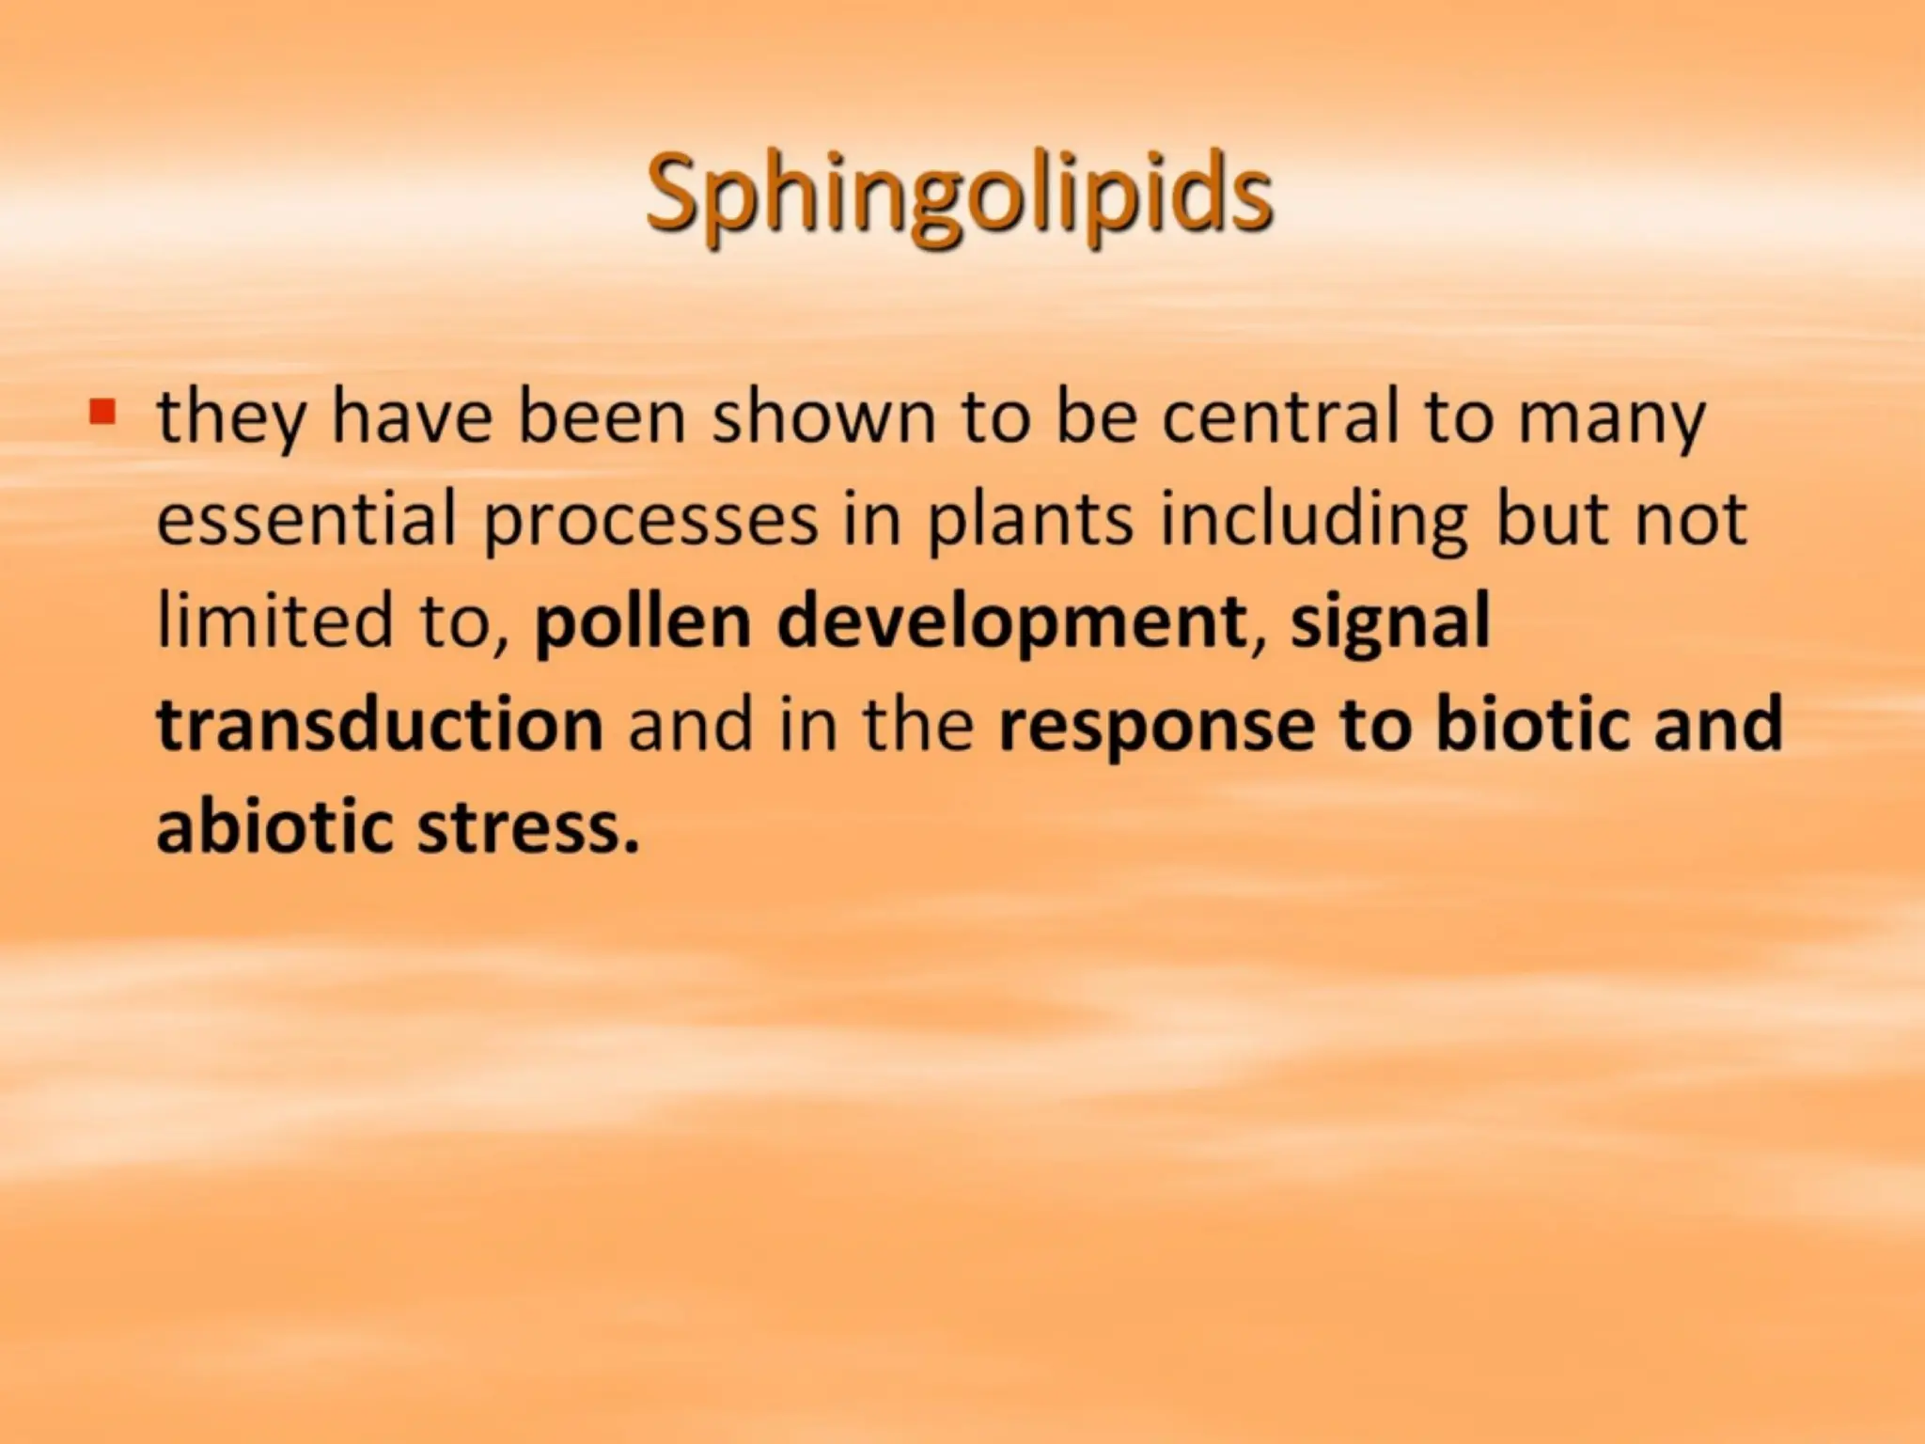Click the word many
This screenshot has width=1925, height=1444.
pyautogui.click(x=1611, y=418)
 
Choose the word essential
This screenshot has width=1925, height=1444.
pyautogui.click(x=306, y=518)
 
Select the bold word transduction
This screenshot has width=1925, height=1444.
pyautogui.click(x=380, y=724)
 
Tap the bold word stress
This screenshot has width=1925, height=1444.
pyautogui.click(x=527, y=828)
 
